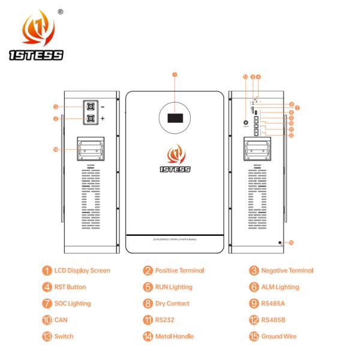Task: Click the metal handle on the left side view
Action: point(89,149)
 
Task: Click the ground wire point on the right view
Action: point(280,242)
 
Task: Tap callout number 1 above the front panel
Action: point(175,75)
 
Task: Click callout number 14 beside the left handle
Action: point(56,149)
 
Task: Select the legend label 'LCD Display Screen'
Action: point(82,271)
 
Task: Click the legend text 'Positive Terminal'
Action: point(179,271)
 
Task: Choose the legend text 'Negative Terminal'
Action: point(287,271)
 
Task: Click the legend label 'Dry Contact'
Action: point(172,304)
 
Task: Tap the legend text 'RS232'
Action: point(165,320)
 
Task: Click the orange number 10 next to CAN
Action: point(47,320)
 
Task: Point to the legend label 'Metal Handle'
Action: point(174,336)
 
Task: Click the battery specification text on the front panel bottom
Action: point(175,239)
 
